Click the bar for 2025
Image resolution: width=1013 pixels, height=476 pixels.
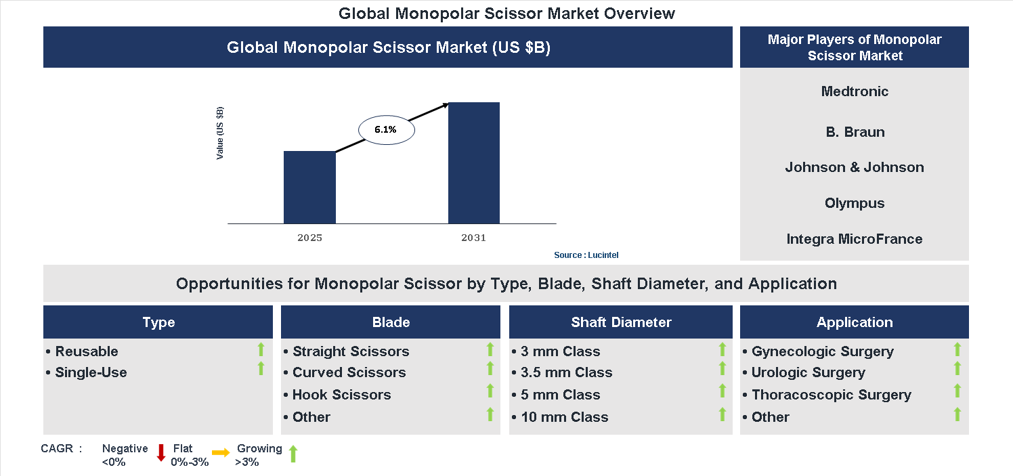[309, 187]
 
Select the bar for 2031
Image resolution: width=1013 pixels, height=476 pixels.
[474, 163]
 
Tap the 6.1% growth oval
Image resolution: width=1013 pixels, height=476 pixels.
[385, 129]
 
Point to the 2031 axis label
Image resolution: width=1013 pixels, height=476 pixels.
[473, 238]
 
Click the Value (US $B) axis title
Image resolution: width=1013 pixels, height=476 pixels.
[220, 133]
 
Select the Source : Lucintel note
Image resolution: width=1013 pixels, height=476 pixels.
[586, 255]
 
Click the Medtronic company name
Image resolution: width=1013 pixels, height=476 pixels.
[855, 91]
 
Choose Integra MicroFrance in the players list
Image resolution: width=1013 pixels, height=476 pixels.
[855, 239]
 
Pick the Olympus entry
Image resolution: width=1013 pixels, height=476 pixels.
[855, 203]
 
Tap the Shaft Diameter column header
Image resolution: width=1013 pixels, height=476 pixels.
[621, 322]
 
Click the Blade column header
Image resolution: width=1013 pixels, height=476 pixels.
[391, 322]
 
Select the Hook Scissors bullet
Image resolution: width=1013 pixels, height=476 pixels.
[341, 395]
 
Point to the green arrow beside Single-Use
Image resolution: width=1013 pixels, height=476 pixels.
[261, 369]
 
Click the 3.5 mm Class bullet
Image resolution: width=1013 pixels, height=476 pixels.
[566, 372]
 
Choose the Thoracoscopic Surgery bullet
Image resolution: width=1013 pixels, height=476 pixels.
[831, 395]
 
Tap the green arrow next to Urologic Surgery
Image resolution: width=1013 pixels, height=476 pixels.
[957, 369]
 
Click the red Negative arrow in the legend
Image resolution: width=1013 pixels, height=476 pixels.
[161, 453]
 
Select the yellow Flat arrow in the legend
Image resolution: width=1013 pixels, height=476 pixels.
[221, 453]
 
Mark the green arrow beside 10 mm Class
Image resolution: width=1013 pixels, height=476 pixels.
[722, 414]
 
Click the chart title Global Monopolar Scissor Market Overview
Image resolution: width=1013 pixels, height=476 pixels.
[506, 13]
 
